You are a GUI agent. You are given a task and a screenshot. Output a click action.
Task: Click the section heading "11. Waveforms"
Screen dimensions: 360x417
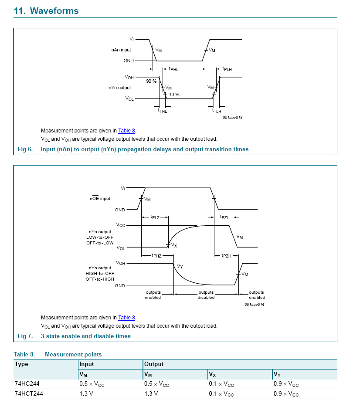pos(46,11)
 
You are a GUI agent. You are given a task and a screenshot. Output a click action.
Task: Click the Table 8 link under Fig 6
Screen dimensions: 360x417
pos(127,131)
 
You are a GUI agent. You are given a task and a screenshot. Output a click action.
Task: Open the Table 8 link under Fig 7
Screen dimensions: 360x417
pos(127,318)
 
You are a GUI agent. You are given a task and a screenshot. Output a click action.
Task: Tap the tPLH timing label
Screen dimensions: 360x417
pos(227,69)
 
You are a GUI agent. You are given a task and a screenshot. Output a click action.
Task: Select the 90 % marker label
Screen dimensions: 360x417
pos(151,81)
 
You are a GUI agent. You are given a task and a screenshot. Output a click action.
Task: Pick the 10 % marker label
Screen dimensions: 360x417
pos(174,95)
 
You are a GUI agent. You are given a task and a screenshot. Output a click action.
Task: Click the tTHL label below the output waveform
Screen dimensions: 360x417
pos(163,111)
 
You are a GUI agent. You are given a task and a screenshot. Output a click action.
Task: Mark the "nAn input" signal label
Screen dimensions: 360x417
pos(121,50)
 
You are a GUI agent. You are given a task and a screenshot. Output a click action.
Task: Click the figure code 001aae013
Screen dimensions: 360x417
pos(233,118)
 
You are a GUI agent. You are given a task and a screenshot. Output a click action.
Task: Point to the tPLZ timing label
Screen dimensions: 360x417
pos(155,217)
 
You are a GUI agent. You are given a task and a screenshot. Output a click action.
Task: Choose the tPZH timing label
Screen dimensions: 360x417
pos(227,256)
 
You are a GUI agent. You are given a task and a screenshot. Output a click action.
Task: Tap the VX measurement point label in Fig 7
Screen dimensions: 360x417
pos(174,245)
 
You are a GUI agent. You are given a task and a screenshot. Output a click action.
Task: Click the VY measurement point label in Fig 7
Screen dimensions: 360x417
pos(180,267)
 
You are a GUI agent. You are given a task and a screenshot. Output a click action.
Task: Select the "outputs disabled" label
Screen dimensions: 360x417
pos(206,295)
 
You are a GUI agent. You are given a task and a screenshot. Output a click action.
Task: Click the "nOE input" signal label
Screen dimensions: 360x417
pos(100,198)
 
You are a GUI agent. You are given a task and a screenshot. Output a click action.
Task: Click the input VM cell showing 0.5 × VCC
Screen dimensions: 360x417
pos(92,384)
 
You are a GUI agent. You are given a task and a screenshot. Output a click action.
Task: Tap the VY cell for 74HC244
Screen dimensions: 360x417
pos(286,384)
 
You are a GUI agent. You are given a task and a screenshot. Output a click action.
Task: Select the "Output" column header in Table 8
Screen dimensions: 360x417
pos(154,364)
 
